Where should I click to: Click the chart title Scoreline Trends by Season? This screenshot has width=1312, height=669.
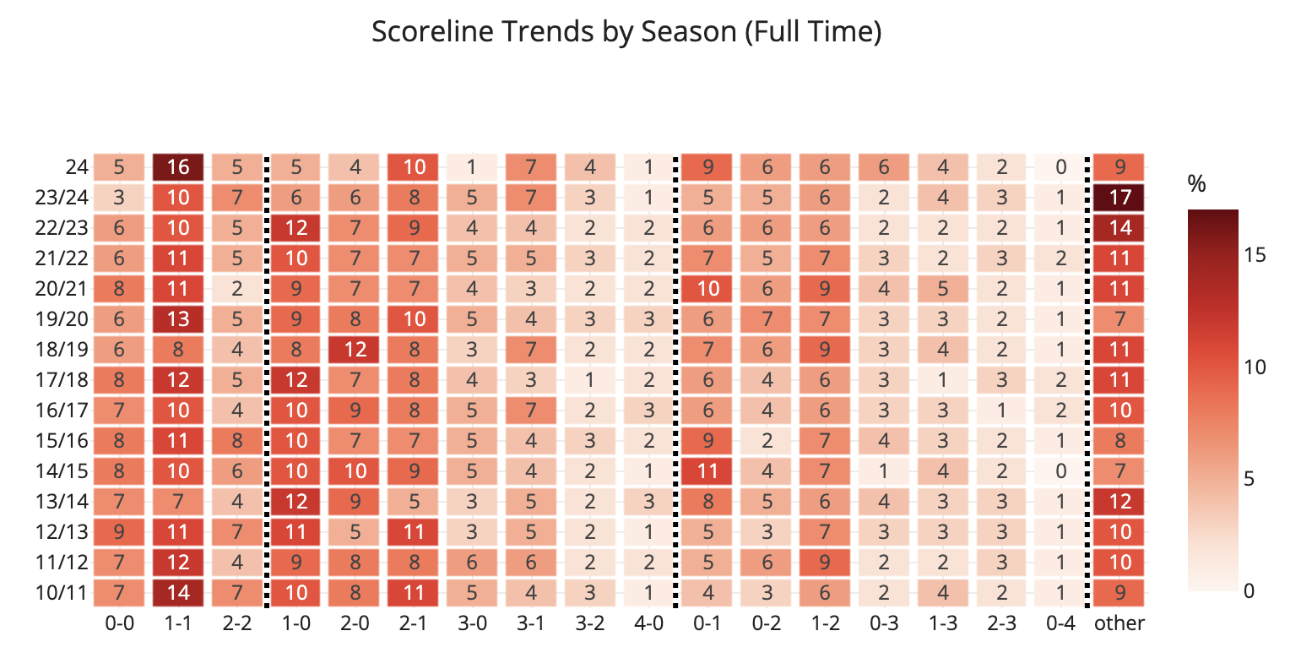(x=626, y=32)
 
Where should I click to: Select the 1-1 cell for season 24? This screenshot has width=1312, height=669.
(x=178, y=167)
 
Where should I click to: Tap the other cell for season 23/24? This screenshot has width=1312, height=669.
(x=1119, y=198)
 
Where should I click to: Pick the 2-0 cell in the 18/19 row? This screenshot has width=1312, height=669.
(x=355, y=350)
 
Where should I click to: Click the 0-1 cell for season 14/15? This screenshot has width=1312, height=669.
(x=708, y=470)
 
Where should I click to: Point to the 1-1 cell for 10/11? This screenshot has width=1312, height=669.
(x=178, y=592)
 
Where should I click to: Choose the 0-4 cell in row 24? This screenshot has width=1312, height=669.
(x=1060, y=167)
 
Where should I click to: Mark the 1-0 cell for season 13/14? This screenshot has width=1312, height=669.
(x=295, y=501)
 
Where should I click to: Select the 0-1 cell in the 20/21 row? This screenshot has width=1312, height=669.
(x=708, y=289)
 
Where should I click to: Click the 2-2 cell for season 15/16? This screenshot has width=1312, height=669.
(x=237, y=440)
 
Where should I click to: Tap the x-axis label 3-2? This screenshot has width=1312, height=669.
(x=589, y=623)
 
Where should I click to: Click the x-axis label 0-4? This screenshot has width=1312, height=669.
(x=1060, y=623)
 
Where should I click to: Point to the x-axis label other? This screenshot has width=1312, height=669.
(x=1119, y=623)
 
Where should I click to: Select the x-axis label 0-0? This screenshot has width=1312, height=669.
(x=119, y=623)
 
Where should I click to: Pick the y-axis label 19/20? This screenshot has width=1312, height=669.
(x=61, y=319)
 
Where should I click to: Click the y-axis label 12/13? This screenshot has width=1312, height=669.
(x=61, y=531)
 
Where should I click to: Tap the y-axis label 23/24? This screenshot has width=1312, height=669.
(x=61, y=198)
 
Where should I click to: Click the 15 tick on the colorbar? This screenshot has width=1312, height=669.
(x=1255, y=254)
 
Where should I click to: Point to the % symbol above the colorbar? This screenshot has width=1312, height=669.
(x=1196, y=183)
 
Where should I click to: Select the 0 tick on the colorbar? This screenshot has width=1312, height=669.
(x=1250, y=590)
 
